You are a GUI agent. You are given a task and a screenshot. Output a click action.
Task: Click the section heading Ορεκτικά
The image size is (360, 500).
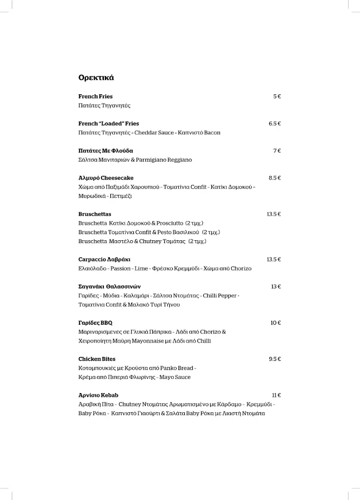pos(96,78)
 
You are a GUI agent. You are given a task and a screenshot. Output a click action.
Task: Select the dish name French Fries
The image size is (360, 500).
pos(96,97)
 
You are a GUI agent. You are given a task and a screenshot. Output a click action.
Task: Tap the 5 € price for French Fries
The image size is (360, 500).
pos(277,97)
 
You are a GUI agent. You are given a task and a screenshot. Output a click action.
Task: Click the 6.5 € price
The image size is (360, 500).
pos(275,124)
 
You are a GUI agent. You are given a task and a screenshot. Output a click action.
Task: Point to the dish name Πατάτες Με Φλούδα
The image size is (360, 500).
pos(105,151)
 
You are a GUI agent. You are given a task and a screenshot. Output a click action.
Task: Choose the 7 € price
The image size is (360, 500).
pos(277,151)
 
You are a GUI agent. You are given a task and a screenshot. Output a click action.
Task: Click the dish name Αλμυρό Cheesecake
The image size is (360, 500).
pos(106,178)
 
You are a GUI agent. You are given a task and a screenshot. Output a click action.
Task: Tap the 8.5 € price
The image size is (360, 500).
pos(275,178)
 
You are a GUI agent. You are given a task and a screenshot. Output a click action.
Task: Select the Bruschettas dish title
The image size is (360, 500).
pos(95,214)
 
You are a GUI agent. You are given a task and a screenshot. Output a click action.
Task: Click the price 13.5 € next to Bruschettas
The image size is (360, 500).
pos(274,214)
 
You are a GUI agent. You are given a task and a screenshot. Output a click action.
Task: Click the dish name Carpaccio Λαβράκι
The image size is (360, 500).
pos(104,260)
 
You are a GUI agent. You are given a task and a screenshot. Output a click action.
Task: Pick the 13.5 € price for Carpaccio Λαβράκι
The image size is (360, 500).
pos(274,260)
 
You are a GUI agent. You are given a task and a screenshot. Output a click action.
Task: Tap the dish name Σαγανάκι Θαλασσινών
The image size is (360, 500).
pos(109,287)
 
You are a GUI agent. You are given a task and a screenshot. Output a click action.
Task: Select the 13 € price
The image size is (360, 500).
pos(276,287)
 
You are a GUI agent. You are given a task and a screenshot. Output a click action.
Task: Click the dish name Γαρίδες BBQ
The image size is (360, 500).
pos(96,323)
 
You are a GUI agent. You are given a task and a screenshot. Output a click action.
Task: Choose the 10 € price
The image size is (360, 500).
pos(276,323)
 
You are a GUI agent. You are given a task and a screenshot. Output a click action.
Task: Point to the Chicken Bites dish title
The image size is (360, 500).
pos(97,359)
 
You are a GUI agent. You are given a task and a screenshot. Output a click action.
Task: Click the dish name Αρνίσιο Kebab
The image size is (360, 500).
pos(99,396)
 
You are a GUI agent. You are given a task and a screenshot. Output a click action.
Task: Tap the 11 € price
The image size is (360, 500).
pos(276,396)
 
